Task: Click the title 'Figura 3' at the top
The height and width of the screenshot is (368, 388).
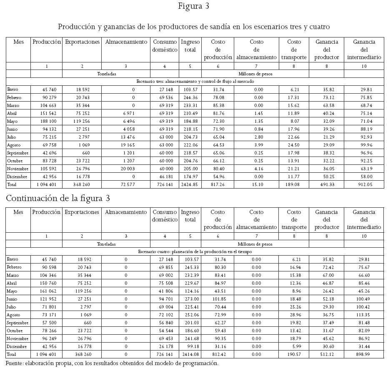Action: click(193, 6)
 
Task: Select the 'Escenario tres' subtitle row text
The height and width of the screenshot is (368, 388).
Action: click(195, 81)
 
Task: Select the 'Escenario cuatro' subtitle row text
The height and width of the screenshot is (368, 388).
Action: click(195, 251)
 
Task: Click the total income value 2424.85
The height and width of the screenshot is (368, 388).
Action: click(190, 184)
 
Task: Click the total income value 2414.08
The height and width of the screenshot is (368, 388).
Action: click(190, 355)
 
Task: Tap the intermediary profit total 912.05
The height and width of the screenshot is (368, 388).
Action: click(371, 184)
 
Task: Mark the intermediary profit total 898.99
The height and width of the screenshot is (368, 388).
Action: click(371, 355)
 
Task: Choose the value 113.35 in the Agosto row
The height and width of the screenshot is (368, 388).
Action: click(371, 315)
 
